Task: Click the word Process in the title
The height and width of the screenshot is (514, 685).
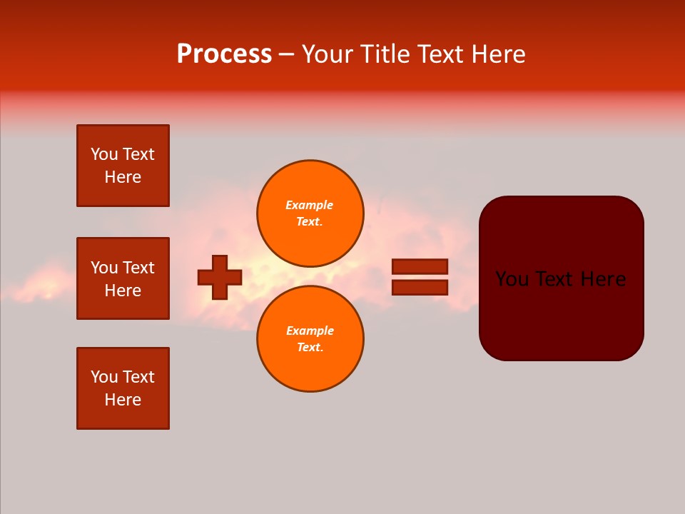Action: [224, 54]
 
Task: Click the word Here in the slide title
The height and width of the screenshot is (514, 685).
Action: [499, 54]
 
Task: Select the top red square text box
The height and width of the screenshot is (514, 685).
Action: [123, 166]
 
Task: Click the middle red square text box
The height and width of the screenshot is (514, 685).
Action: [123, 278]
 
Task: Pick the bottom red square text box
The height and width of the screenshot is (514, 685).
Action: [123, 388]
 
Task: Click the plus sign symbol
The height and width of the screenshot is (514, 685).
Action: [220, 277]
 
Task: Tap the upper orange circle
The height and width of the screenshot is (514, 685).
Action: [310, 213]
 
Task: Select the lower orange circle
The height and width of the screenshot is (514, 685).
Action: [310, 338]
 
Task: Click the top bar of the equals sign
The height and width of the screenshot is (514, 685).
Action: [420, 266]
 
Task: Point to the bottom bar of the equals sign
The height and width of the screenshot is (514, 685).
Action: [420, 287]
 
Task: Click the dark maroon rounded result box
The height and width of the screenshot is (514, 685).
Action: [561, 314]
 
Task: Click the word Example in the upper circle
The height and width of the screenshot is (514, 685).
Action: [309, 205]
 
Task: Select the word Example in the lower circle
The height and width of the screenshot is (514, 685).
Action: [309, 331]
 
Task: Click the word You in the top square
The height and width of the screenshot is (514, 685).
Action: [104, 154]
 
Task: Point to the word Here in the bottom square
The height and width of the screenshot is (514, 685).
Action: [123, 400]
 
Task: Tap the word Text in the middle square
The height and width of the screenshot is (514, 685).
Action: [138, 268]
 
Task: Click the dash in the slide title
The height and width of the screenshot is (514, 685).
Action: [286, 54]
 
